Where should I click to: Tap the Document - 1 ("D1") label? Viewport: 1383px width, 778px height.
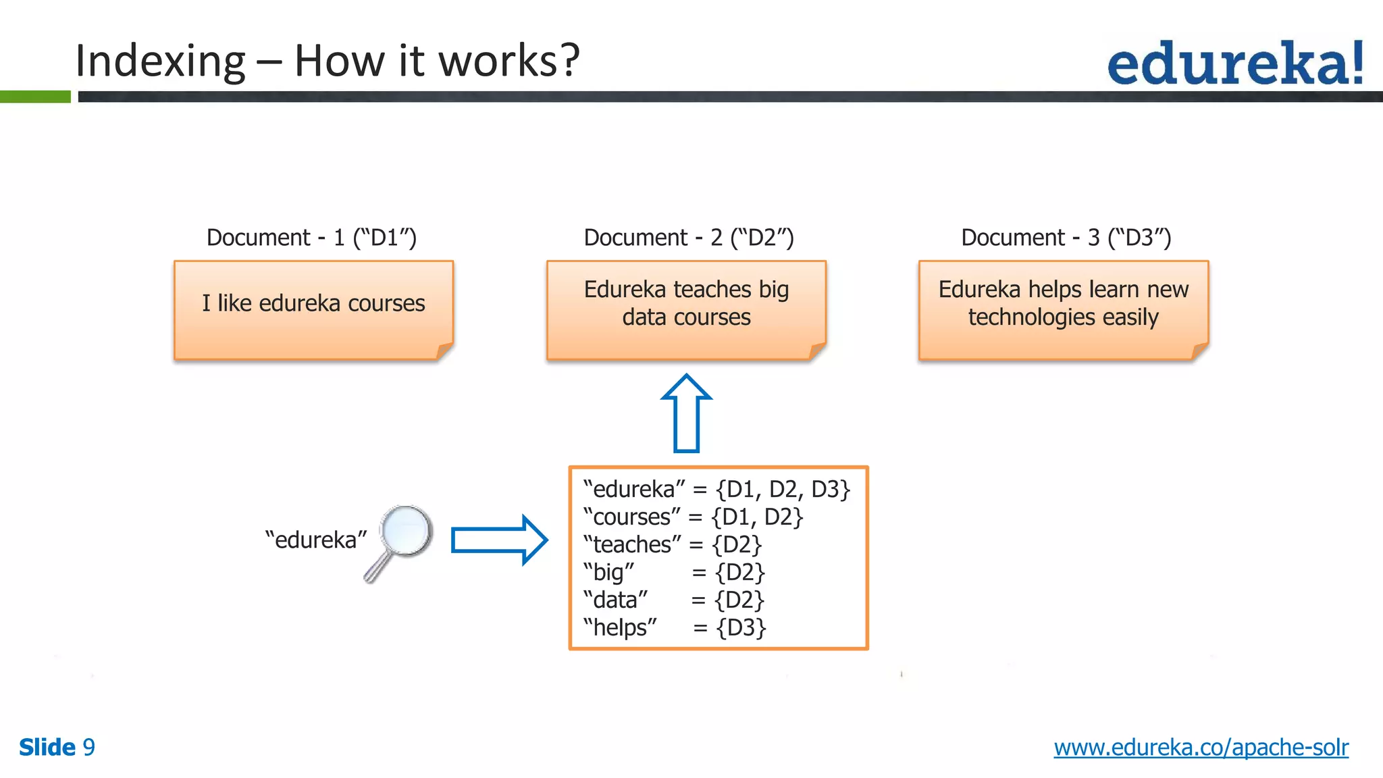(x=311, y=238)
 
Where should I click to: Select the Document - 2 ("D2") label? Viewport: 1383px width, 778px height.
(x=688, y=238)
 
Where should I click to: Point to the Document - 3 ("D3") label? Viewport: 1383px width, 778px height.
(x=1066, y=238)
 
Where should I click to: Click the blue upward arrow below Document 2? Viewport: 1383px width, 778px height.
(x=686, y=413)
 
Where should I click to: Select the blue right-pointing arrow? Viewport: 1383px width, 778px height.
(x=498, y=540)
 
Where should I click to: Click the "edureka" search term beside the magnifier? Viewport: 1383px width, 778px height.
(x=315, y=540)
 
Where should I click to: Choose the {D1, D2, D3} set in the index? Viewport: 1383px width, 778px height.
(x=782, y=489)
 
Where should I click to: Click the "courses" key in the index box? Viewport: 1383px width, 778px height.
(x=631, y=517)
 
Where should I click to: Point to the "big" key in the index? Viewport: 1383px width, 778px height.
(x=608, y=572)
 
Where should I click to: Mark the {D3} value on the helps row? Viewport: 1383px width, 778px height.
(x=741, y=627)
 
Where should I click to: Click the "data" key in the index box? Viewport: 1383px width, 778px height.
(x=615, y=600)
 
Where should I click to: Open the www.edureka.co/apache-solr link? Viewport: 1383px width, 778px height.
(x=1201, y=748)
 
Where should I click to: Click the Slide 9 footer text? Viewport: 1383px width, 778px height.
(x=57, y=748)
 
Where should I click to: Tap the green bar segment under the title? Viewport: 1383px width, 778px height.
(x=35, y=97)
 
